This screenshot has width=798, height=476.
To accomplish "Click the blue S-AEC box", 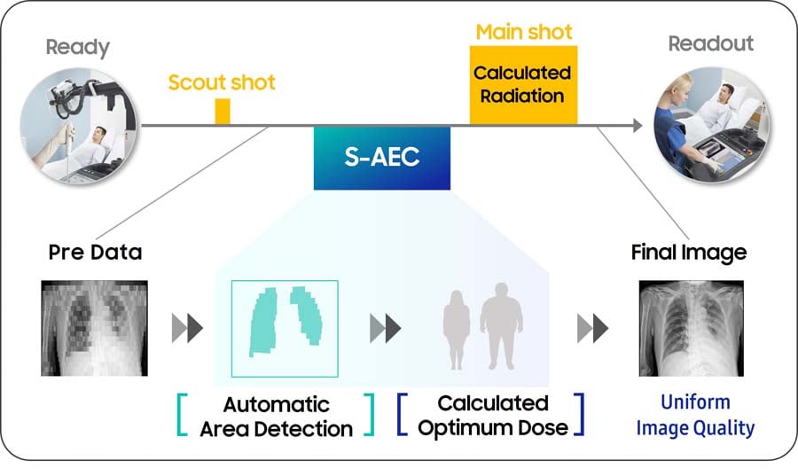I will [x=381, y=158].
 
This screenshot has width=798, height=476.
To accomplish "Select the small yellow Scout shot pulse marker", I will [x=222, y=112].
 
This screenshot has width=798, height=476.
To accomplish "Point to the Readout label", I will [x=710, y=43].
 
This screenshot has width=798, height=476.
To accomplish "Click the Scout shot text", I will [x=222, y=82].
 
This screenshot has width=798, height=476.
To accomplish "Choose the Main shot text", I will [x=524, y=32].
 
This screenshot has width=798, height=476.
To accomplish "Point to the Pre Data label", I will [x=95, y=253].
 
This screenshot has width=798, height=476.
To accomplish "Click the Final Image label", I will [x=688, y=253].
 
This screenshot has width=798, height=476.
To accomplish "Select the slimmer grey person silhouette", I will [x=458, y=331].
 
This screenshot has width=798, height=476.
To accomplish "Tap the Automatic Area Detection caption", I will [x=276, y=417].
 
